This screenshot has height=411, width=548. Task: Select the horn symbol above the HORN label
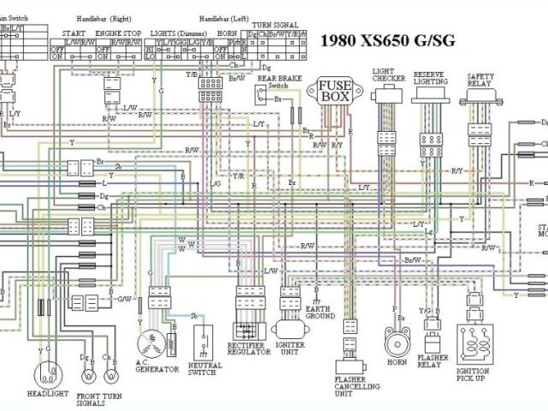click(x=396, y=343)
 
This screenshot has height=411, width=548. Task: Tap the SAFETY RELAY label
click(x=480, y=80)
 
